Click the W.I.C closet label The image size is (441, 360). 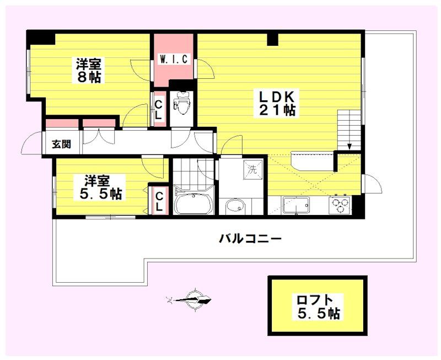(x=174, y=59)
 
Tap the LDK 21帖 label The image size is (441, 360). (x=275, y=103)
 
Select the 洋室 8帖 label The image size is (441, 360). (x=89, y=70)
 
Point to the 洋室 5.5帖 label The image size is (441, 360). (x=99, y=187)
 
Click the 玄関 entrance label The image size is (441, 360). (x=61, y=144)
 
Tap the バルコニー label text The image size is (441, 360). (x=250, y=239)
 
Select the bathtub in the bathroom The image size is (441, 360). (x=193, y=203)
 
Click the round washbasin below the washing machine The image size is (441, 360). (x=235, y=207)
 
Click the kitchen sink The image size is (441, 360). (x=296, y=205)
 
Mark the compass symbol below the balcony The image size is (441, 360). (x=191, y=300)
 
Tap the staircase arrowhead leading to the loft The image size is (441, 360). (x=349, y=146)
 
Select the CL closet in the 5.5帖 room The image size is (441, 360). (x=159, y=201)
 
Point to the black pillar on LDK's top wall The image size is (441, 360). (x=272, y=39)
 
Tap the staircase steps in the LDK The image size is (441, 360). (x=349, y=130)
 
